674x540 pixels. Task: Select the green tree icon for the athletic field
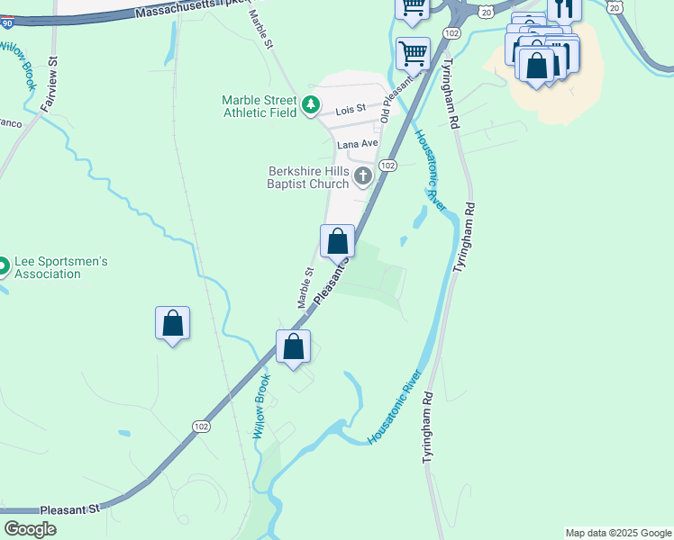coord(311,106)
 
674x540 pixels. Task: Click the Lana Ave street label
coord(357,144)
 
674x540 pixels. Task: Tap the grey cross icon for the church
coord(363,176)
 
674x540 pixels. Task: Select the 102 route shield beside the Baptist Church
coord(387,166)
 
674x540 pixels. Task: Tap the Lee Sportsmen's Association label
coord(60,267)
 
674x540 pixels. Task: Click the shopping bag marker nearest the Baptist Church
coord(337,241)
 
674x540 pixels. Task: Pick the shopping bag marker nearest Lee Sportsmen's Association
coord(172,324)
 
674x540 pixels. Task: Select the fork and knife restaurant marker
coord(564,9)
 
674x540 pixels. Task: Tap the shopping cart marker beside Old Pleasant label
coord(413,52)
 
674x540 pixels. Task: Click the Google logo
coord(31,529)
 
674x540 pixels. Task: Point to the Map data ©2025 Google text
coord(617,533)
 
